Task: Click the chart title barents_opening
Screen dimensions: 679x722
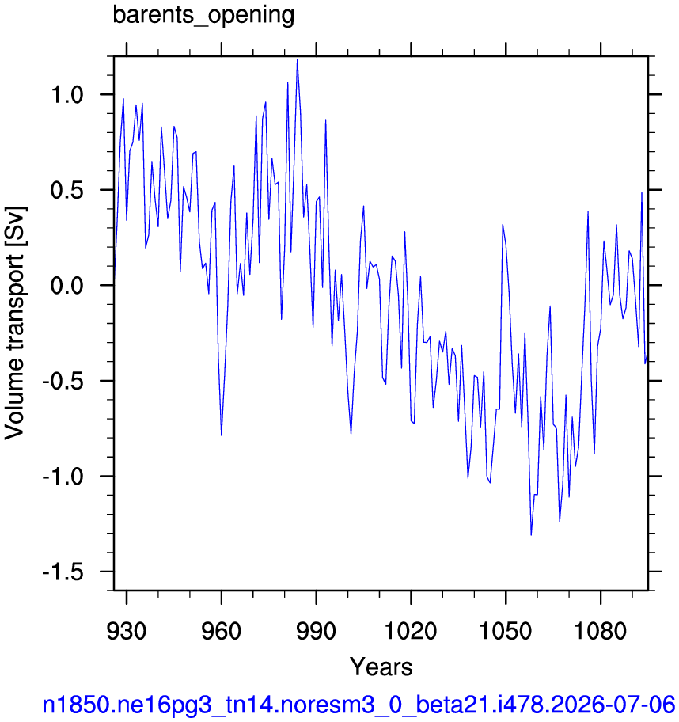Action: click(203, 16)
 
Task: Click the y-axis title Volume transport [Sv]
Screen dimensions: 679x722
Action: click(15, 322)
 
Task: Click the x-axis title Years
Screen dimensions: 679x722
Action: click(381, 667)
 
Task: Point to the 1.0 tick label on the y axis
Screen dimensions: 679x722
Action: click(67, 95)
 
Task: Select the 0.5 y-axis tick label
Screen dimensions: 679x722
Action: click(67, 190)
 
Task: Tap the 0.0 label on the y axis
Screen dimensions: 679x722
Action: click(67, 286)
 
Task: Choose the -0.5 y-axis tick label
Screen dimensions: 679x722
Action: click(63, 381)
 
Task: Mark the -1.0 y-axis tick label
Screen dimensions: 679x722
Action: click(63, 476)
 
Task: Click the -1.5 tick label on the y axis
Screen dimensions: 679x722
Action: click(63, 572)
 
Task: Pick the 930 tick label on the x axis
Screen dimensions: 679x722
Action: click(127, 630)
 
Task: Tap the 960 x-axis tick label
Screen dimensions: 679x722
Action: click(222, 630)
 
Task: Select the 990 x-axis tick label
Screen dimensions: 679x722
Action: click(317, 630)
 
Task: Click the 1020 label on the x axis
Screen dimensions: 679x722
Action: click(411, 630)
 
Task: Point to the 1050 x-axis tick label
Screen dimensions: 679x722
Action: click(506, 630)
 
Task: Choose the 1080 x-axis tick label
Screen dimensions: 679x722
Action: click(601, 630)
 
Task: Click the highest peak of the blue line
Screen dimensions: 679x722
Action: click(298, 60)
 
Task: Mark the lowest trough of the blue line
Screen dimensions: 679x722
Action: click(531, 535)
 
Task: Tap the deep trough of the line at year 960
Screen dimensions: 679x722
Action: click(222, 435)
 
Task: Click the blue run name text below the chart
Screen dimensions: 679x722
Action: click(358, 705)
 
